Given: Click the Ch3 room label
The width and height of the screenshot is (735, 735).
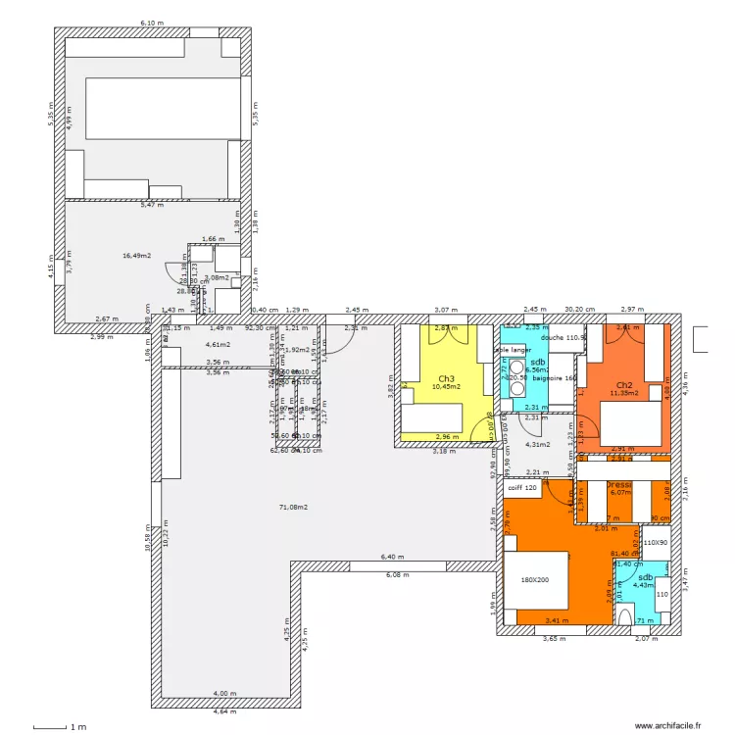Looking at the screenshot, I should tap(446, 378).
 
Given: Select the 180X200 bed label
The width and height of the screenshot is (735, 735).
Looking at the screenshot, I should tap(536, 579).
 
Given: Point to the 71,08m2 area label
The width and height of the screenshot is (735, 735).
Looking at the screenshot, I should tap(293, 507).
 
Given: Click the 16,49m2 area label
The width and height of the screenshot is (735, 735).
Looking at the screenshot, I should tap(136, 256).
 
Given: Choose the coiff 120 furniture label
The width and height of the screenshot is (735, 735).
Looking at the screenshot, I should tap(523, 487).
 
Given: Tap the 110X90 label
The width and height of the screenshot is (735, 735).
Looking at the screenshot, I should tap(655, 542).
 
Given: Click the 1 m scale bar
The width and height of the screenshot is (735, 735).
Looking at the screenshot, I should tap(59, 727).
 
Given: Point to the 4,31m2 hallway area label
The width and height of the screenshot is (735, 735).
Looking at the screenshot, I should tap(538, 444).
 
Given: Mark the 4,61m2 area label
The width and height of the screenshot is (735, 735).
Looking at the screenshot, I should tap(217, 344).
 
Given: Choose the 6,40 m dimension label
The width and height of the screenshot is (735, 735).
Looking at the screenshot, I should tap(391, 556).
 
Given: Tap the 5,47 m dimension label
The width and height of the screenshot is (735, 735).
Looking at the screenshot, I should tap(151, 205).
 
